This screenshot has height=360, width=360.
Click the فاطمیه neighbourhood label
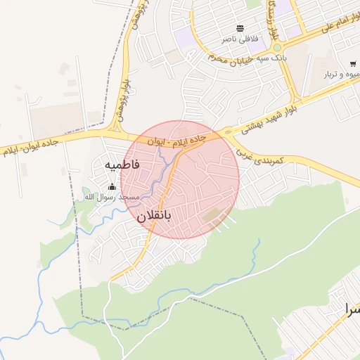tap(122, 164)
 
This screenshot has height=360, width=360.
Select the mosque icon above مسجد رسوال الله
tap(112, 186)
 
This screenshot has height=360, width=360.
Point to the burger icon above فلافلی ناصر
tap(240, 28)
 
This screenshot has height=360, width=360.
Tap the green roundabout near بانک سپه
tap(276, 47)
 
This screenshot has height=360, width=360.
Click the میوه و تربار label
tap(342, 74)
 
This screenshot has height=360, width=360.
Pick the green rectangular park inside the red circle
tap(211, 215)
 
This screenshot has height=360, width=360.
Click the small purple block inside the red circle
tap(144, 174)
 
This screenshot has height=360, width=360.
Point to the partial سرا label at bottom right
tap(351, 308)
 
